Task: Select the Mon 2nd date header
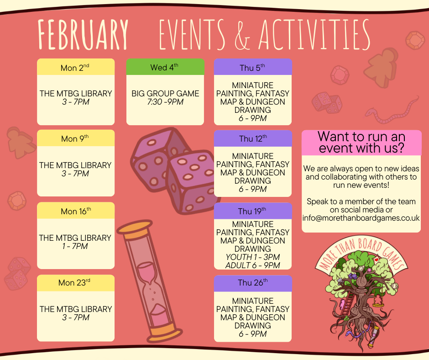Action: (75, 68)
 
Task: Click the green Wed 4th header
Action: (165, 67)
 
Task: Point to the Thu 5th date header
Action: (252, 68)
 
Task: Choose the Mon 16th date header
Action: (76, 211)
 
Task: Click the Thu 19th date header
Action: (252, 211)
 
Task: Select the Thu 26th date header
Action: (252, 283)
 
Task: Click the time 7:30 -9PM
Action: (165, 102)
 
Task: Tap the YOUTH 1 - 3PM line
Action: (252, 257)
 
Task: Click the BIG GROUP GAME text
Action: (165, 94)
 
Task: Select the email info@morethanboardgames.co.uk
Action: (361, 218)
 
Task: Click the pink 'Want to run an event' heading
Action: (361, 142)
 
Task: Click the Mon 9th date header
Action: (75, 138)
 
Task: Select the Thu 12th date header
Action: (252, 138)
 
